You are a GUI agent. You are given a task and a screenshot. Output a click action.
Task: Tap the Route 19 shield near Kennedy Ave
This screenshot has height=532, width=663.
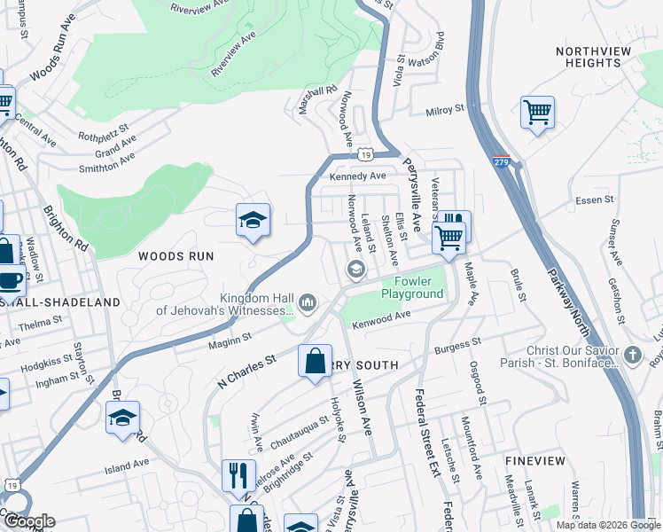pyautogui.click(x=364, y=155)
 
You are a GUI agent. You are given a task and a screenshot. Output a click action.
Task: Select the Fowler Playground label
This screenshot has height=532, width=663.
pyautogui.click(x=412, y=287)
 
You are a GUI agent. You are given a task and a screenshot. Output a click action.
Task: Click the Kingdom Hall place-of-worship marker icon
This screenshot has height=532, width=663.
pyautogui.click(x=308, y=303)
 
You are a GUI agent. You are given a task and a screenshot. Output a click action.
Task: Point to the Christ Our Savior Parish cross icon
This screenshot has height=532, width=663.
pyautogui.click(x=632, y=356)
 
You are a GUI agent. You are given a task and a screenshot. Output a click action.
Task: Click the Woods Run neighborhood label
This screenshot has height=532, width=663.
pyautogui.click(x=176, y=255)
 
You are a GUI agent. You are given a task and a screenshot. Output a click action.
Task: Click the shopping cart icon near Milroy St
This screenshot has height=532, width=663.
pyautogui.click(x=537, y=112)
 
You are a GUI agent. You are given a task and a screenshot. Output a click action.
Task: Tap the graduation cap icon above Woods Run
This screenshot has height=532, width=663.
pyautogui.click(x=253, y=219)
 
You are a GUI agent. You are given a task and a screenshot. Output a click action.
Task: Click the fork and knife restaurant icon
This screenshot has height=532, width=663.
pyautogui.click(x=238, y=474)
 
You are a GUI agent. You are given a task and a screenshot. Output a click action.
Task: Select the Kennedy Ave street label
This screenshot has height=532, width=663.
pyautogui.click(x=358, y=176)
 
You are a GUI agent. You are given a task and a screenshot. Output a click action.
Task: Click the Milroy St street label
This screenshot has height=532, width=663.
pyautogui.click(x=445, y=110)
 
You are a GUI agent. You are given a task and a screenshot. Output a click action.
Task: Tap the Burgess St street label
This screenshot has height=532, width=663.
pyautogui.click(x=457, y=342)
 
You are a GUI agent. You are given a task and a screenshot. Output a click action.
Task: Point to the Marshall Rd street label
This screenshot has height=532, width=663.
pyautogui.click(x=319, y=98)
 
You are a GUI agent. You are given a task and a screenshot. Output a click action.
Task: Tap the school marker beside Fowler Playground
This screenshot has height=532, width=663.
pyautogui.click(x=356, y=269)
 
